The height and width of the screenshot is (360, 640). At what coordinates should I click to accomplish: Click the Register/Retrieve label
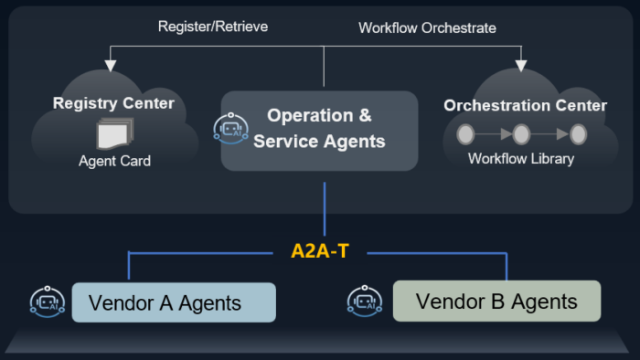point(213,26)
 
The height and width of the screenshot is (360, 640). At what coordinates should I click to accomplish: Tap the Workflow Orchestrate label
point(427,28)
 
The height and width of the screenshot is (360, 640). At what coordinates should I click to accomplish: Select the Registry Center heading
point(113,103)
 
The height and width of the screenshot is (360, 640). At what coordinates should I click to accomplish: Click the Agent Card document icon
point(114,133)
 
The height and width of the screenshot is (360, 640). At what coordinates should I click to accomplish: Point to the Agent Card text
point(114,161)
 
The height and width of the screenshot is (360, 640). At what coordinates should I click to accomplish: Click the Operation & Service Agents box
point(319,131)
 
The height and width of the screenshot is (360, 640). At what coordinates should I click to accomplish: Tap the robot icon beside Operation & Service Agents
point(231,129)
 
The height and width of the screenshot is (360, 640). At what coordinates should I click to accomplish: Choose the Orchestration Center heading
point(526,106)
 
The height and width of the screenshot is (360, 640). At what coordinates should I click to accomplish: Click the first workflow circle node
point(465,134)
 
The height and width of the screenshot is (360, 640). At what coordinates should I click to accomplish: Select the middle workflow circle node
point(521,134)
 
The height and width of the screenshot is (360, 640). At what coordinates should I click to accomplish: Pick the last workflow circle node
point(578,134)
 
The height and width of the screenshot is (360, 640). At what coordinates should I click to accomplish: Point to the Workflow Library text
point(521,159)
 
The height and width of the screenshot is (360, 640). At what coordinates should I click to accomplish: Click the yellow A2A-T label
point(320,251)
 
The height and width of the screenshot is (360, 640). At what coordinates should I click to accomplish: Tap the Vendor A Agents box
point(174,302)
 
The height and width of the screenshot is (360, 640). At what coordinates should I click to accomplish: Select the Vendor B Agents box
point(496,301)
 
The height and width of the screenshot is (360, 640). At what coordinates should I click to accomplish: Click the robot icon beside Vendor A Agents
point(48,302)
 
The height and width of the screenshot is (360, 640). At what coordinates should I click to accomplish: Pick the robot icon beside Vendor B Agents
point(365,302)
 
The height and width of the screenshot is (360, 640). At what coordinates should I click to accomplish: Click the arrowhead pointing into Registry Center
point(111,66)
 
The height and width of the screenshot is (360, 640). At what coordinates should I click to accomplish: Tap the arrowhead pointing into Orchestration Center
point(521,66)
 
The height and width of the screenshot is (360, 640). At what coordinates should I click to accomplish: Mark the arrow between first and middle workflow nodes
point(494,133)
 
